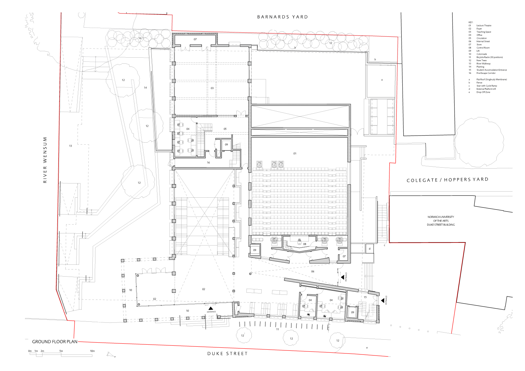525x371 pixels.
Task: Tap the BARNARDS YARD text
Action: (x=282, y=17)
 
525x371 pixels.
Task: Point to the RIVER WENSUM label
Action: (x=45, y=160)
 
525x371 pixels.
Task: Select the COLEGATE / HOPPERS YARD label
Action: (x=447, y=180)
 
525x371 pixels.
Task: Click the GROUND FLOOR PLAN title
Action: (x=55, y=341)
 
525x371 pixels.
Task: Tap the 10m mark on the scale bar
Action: (x=92, y=351)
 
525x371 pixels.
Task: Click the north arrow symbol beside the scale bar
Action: (x=111, y=354)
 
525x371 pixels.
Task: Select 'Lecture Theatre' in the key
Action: (x=484, y=26)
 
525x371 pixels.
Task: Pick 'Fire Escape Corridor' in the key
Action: (x=486, y=73)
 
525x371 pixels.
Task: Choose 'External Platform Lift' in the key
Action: (x=486, y=89)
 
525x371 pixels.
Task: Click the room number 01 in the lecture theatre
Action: (x=294, y=153)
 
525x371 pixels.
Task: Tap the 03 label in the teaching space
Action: (x=212, y=88)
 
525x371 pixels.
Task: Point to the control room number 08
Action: (x=304, y=244)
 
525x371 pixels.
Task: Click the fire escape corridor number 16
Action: (x=208, y=163)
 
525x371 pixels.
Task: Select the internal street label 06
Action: (x=313, y=271)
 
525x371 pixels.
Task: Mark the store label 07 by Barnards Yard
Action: (x=195, y=39)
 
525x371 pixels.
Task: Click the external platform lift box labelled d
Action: (x=370, y=249)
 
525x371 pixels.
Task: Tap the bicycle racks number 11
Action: (x=278, y=329)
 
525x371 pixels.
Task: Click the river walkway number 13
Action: (x=70, y=146)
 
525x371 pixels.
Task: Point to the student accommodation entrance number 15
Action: (x=365, y=297)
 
